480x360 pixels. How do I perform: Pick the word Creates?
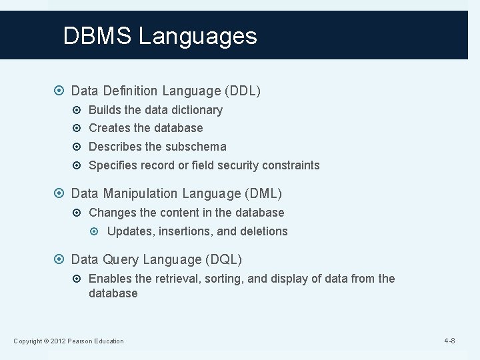point(109,128)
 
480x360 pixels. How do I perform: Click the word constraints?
point(291,165)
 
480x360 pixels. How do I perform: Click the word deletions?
point(263,231)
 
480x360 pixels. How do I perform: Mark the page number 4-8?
point(450,341)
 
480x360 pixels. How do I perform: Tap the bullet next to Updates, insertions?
point(97,231)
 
